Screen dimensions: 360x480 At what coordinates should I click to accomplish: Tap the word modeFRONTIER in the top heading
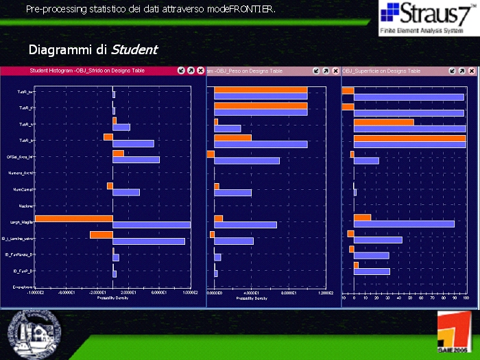click(240, 9)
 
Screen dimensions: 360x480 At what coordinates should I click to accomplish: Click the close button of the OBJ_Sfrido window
click(200, 71)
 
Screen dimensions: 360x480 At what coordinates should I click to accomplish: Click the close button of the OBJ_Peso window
click(335, 71)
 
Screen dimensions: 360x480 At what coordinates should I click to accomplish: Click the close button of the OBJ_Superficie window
click(472, 71)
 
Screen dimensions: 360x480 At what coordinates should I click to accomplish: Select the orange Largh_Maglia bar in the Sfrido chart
click(73, 219)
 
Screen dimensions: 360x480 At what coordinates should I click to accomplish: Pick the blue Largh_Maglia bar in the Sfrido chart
click(151, 225)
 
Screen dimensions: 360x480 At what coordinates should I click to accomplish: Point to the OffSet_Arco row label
click(21, 157)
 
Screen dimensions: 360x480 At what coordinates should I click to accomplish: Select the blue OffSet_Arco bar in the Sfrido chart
click(136, 160)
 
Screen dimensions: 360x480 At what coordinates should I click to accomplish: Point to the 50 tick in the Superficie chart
click(409, 298)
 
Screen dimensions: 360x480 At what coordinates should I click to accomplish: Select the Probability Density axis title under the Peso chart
click(252, 298)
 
